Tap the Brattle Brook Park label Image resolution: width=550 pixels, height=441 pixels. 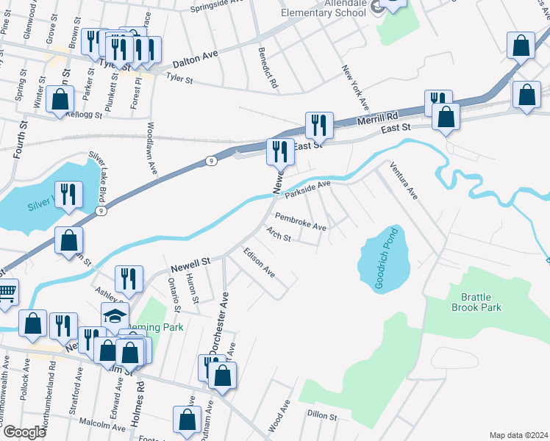[482, 302]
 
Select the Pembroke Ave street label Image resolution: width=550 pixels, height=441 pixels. [300, 222]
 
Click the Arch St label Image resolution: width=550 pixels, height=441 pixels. [279, 236]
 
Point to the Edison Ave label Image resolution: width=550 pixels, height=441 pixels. [259, 262]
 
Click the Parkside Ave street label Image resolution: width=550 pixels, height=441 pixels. [308, 190]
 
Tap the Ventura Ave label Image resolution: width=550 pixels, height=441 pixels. [404, 181]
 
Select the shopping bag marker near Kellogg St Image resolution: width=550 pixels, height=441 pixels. [60, 99]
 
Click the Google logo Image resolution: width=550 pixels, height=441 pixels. [25, 432]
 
